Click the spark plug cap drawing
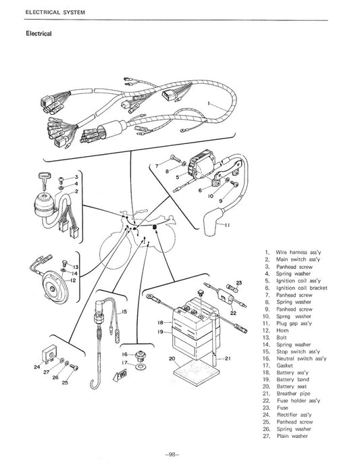(x=217, y=224)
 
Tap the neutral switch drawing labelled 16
(x=140, y=353)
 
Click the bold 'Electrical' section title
(x=38, y=33)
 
